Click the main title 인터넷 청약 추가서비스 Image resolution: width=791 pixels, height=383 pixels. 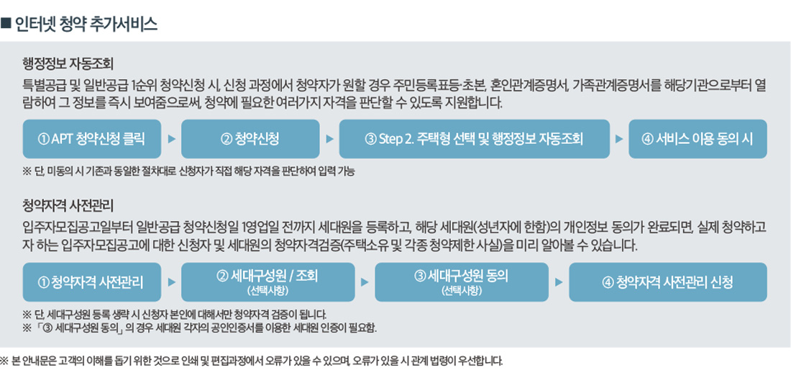tap(86, 24)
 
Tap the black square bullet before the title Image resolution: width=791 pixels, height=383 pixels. tap(6, 24)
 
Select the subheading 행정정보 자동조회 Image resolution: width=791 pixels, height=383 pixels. tap(69, 64)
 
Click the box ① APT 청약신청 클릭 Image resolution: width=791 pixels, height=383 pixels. tap(92, 139)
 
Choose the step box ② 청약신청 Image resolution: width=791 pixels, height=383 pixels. tap(250, 139)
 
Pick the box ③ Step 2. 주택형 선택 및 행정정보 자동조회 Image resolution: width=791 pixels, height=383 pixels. tap(474, 139)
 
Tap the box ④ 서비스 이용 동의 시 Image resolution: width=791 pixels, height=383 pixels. tap(698, 139)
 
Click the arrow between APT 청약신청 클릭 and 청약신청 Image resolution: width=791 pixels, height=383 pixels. tap(172, 139)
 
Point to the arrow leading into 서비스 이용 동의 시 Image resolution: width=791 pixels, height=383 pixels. tap(619, 139)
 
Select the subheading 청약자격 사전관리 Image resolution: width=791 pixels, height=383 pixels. tap(69, 207)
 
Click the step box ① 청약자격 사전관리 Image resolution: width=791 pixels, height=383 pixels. tap(92, 282)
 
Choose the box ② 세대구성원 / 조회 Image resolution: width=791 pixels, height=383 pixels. tap(268, 282)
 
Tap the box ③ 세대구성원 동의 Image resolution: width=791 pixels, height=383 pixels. tap(462, 282)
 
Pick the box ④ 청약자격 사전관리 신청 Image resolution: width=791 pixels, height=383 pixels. tap(668, 282)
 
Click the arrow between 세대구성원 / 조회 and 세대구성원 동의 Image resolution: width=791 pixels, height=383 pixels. tap(365, 282)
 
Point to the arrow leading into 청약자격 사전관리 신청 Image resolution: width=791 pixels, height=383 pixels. tap(559, 282)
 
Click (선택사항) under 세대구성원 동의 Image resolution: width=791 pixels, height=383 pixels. tap(462, 291)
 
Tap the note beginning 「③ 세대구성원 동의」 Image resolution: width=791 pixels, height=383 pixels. tap(200, 328)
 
